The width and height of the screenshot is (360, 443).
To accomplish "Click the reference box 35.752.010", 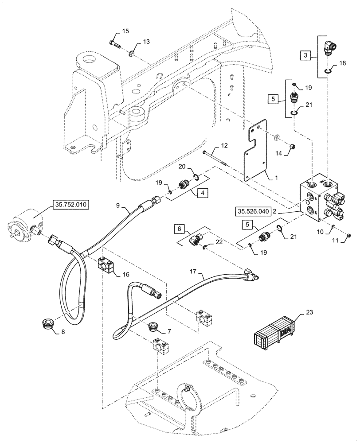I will coord(71,205).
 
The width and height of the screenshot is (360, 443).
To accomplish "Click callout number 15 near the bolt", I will coord(125,31).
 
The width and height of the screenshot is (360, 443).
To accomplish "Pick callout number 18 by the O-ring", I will coord(342,64).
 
